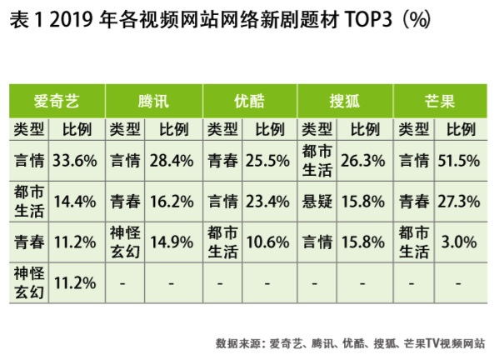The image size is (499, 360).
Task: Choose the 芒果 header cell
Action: click(x=439, y=101)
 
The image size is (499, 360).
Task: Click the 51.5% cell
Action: click(x=462, y=159)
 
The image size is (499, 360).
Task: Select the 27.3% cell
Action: click(x=462, y=201)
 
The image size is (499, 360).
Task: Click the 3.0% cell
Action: click(x=462, y=242)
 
